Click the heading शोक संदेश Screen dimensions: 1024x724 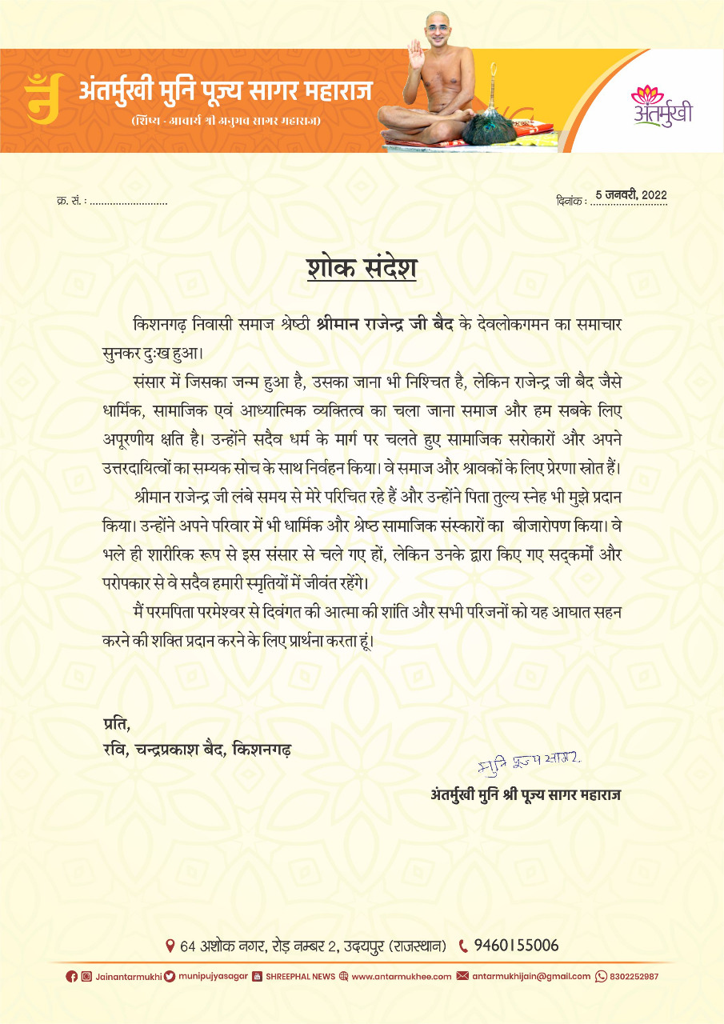(x=362, y=267)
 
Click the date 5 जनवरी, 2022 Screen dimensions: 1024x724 (x=631, y=195)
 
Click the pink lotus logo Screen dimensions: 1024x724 (x=648, y=95)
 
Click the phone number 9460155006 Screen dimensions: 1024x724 (x=516, y=946)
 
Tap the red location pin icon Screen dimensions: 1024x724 (x=170, y=946)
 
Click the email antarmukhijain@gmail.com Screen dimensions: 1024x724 (x=530, y=976)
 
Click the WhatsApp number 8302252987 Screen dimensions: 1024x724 (x=634, y=976)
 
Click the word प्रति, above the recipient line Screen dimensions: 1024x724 (x=116, y=726)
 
